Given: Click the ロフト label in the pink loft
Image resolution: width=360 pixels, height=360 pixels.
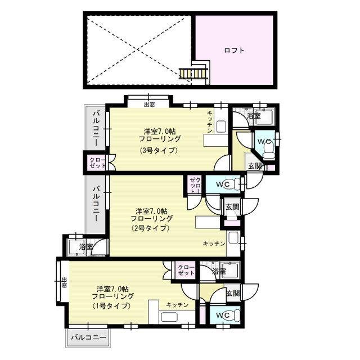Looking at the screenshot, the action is pyautogui.click(x=234, y=50).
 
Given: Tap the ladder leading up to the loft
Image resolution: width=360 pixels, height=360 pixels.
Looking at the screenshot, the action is pyautogui.click(x=193, y=74).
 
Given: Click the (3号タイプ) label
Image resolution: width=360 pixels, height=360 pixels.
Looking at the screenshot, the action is pyautogui.click(x=159, y=150).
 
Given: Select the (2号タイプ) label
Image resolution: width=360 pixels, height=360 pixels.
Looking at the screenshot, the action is pyautogui.click(x=150, y=228).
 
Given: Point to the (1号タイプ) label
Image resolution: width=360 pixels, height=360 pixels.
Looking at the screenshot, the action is pyautogui.click(x=112, y=306).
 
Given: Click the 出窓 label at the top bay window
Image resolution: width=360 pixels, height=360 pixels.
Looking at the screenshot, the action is pyautogui.click(x=149, y=105).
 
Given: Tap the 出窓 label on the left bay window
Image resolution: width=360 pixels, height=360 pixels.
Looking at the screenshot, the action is pyautogui.click(x=64, y=283).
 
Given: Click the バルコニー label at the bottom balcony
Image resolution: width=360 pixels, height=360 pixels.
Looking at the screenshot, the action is pyautogui.click(x=89, y=337).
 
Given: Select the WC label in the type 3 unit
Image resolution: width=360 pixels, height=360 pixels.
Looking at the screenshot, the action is pyautogui.click(x=264, y=142).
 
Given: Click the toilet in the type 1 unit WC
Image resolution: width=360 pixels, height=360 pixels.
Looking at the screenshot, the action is pyautogui.click(x=234, y=316).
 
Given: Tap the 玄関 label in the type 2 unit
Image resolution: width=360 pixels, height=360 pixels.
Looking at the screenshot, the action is pyautogui.click(x=232, y=207).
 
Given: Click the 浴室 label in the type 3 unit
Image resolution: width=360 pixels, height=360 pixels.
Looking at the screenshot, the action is pyautogui.click(x=254, y=115).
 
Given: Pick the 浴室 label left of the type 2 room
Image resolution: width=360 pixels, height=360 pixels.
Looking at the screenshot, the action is pyautogui.click(x=86, y=247).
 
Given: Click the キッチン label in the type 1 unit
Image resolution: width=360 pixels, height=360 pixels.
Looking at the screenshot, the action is pyautogui.click(x=177, y=305).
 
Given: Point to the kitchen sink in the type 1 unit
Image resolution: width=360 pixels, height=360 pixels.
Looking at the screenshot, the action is pyautogui.click(x=169, y=317).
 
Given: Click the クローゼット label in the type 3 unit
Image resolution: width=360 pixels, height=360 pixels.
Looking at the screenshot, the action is pyautogui.click(x=97, y=163).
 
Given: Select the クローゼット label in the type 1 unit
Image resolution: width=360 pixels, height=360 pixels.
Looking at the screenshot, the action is pyautogui.click(x=186, y=270).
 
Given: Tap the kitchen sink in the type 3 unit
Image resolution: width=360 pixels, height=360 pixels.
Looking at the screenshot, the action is pyautogui.click(x=221, y=127).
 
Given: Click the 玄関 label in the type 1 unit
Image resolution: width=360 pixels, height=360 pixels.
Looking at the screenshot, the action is pyautogui.click(x=233, y=293).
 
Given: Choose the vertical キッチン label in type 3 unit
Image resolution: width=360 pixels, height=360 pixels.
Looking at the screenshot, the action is pyautogui.click(x=210, y=122).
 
